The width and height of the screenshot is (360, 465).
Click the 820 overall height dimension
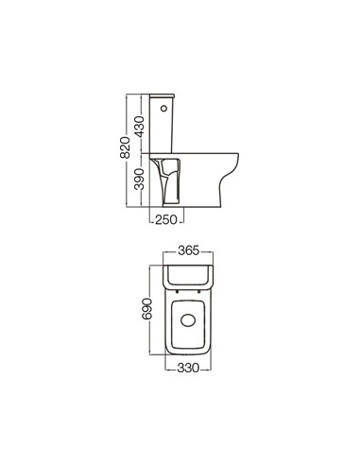(x=125, y=147)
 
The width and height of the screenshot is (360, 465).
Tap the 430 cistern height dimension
(x=139, y=127)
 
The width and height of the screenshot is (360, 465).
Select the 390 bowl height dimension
(x=139, y=180)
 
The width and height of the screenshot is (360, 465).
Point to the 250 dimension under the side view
(x=166, y=219)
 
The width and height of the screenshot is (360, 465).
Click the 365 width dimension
(x=189, y=251)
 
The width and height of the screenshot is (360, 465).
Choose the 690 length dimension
(x=147, y=309)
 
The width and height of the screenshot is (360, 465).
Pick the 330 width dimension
(x=188, y=368)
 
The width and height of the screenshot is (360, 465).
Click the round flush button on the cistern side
(x=163, y=109)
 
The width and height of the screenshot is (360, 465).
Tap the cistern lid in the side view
(x=162, y=95)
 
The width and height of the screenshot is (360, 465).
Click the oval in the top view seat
(x=188, y=320)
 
